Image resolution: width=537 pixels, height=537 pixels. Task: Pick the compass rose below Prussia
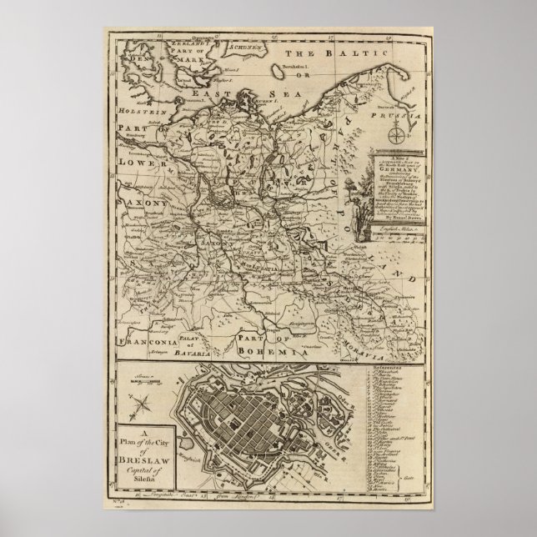coord(399,136)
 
